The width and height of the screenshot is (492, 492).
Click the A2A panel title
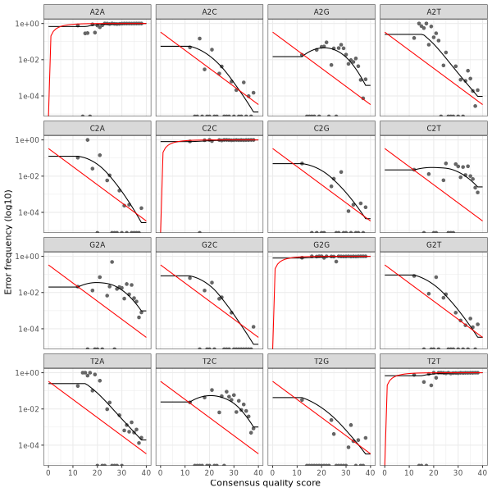(98, 11)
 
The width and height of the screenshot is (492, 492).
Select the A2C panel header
(209, 11)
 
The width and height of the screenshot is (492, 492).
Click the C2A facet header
(98, 127)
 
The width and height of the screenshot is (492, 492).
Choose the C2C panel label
(209, 127)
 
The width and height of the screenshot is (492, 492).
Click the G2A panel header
(98, 244)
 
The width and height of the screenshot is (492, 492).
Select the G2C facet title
(209, 244)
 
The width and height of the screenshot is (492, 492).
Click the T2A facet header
(98, 360)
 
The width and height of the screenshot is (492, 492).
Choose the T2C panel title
(209, 360)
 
